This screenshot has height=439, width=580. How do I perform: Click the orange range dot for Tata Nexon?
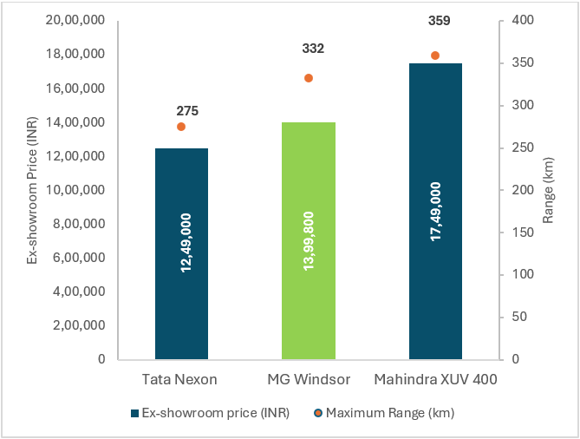pyautogui.click(x=181, y=127)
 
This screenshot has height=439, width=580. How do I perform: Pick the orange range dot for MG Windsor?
pyautogui.click(x=309, y=78)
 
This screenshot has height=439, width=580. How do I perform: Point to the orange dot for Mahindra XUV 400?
pyautogui.click(x=435, y=56)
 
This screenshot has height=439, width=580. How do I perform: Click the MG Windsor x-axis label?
pyautogui.click(x=308, y=380)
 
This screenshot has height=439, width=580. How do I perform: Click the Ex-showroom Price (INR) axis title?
pyautogui.click(x=32, y=188)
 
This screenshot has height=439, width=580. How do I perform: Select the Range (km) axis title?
pyautogui.click(x=549, y=189)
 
